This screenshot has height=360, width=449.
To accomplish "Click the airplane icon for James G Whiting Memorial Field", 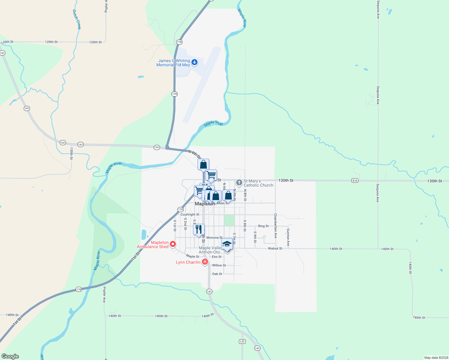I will pyautogui.click(x=194, y=62).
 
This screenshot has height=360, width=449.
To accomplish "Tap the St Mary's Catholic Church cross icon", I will pyautogui.click(x=239, y=182).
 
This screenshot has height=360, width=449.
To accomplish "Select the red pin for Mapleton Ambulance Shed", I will pyautogui.click(x=173, y=244).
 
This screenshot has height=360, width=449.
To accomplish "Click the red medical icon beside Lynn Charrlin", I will pyautogui.click(x=205, y=262).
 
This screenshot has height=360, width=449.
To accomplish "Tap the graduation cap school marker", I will pyautogui.click(x=227, y=244).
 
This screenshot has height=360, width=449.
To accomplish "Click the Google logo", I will pyautogui.click(x=10, y=356).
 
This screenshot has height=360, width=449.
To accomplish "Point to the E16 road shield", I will pyautogui.click(x=355, y=181).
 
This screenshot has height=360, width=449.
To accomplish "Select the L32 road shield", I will pyautogui.click(x=243, y=341).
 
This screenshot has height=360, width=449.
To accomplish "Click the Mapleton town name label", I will pyautogui.click(x=205, y=204).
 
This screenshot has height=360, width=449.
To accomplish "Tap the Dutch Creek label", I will pyautogui.click(x=77, y=19).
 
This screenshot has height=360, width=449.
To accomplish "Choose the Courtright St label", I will pyautogui.click(x=190, y=214).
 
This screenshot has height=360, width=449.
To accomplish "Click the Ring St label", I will pyautogui.click(x=263, y=226).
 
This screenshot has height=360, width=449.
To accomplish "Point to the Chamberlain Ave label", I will pyautogui.click(x=275, y=226).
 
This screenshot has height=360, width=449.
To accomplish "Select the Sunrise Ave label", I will pyautogui.click(x=288, y=237).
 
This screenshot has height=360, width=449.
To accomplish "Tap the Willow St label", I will pyautogui.click(x=219, y=265).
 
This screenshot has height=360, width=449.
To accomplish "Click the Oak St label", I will pyautogui.click(x=217, y=274).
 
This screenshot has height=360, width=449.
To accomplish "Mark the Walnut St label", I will pyautogui.click(x=275, y=248).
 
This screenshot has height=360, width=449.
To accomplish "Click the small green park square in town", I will pyautogui.click(x=229, y=220).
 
